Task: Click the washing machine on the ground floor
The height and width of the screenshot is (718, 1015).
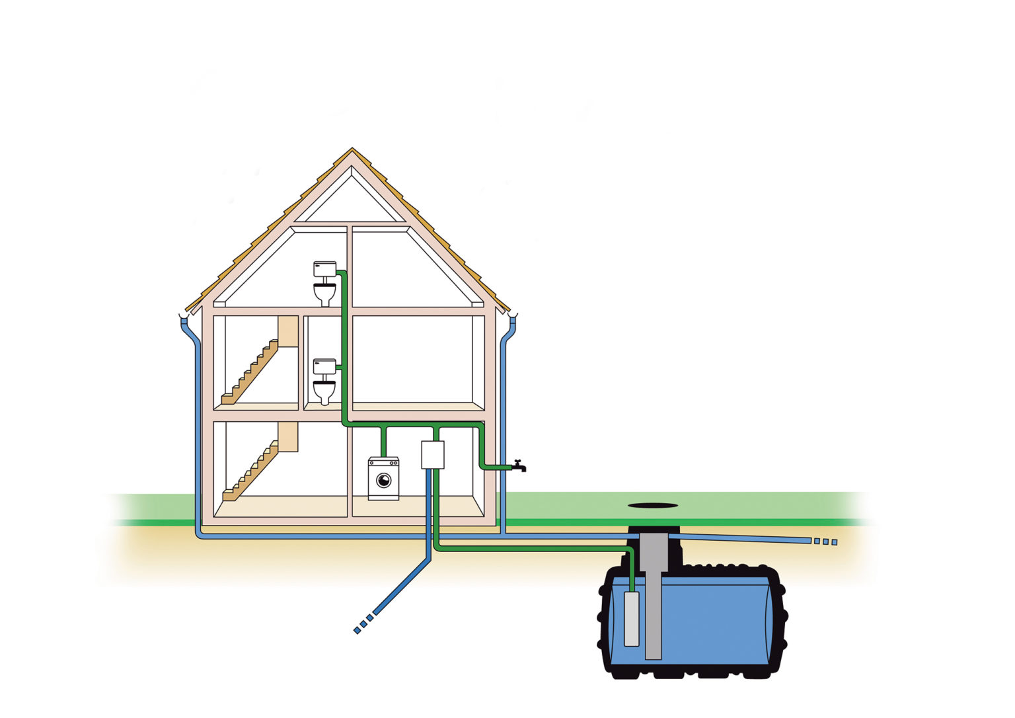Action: [383, 477]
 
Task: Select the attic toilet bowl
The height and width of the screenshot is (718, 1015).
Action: [324, 294]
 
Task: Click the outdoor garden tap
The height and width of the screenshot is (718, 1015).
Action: [519, 466]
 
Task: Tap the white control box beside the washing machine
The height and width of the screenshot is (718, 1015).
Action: [433, 455]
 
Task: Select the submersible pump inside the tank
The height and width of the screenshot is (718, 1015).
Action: [632, 619]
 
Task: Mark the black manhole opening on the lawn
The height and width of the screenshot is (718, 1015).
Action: [653, 505]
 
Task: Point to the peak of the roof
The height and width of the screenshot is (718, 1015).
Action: [352, 151]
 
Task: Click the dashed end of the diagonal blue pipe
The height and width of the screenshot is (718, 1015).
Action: [363, 625]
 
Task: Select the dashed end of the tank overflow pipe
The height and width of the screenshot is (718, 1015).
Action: [825, 541]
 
